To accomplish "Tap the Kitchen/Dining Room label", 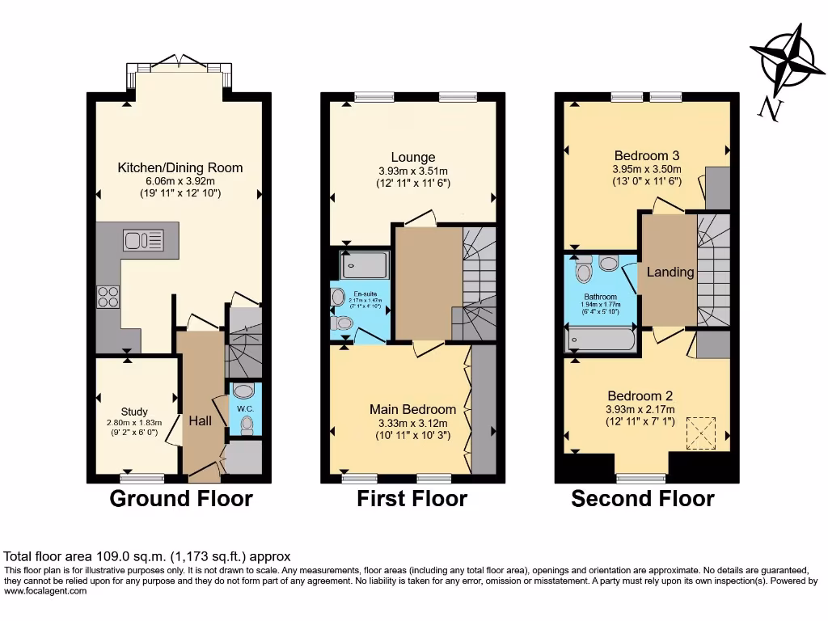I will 180,168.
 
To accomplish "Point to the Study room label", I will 134,412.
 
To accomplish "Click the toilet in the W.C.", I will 246,423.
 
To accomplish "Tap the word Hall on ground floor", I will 201,421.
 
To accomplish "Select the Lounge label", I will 413,157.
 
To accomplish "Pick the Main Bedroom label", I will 412,409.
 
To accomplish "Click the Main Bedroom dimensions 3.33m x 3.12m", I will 412,423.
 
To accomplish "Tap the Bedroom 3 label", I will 646,155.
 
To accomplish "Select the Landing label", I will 670,272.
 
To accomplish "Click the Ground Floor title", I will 181,499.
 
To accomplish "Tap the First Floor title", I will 412,499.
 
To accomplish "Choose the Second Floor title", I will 643,499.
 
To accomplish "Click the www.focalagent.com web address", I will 45,591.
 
